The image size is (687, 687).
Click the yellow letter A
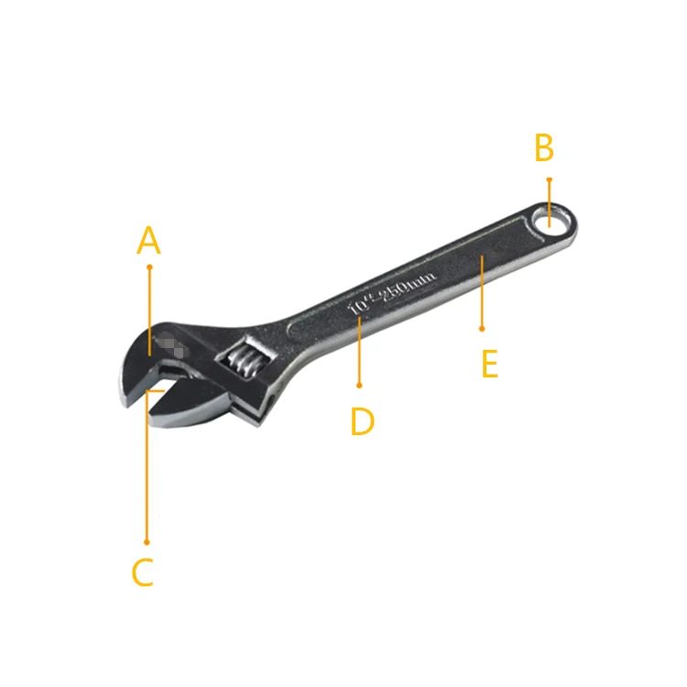[148, 241]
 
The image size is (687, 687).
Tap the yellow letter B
[544, 147]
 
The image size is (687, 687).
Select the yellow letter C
[142, 572]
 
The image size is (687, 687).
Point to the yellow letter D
[362, 421]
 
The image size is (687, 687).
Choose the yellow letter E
[489, 364]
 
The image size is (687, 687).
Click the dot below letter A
[149, 267]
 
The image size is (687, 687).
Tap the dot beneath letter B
[549, 180]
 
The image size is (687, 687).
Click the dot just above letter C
[146, 542]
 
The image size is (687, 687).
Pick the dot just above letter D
[360, 386]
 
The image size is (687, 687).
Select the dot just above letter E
[482, 327]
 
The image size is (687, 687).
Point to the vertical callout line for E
[482, 293]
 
